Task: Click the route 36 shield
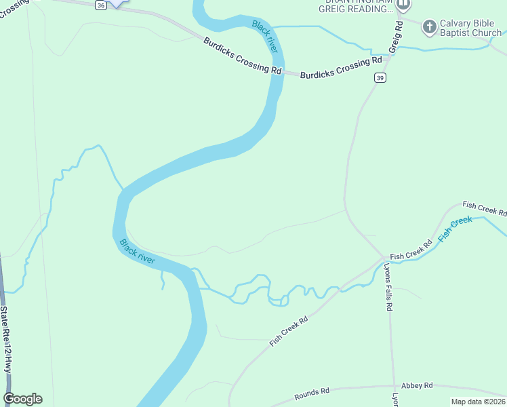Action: point(100,5)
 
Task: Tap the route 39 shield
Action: point(380,78)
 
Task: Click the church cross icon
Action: point(429,27)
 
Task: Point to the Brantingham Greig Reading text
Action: point(356,6)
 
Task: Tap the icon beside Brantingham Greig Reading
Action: point(404,5)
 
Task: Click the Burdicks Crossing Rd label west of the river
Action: point(242,56)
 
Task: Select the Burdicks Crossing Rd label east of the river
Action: point(341,68)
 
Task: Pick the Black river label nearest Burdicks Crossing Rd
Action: point(265,36)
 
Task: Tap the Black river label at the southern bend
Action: point(137,251)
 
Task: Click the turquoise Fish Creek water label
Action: point(455,229)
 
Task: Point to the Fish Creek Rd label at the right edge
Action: point(484,208)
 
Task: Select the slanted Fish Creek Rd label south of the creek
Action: point(289,331)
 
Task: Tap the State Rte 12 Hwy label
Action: point(5,339)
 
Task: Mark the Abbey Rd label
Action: point(417,385)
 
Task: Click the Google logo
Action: point(22,399)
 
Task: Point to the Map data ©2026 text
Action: point(478,402)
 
